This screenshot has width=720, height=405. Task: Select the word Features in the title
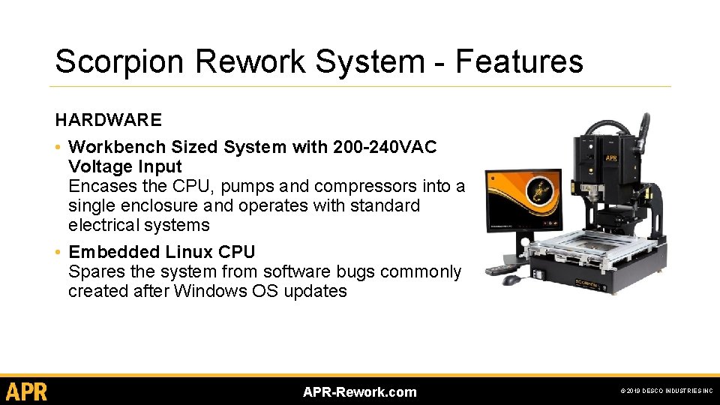(x=519, y=61)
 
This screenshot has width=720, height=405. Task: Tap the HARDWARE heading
(x=108, y=120)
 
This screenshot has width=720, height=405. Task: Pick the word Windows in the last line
(x=207, y=291)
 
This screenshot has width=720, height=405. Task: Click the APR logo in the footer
(x=26, y=391)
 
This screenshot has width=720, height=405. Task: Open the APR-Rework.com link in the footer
(x=359, y=391)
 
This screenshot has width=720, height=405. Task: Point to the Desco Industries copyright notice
(x=666, y=391)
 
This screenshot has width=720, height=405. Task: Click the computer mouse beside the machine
(x=511, y=280)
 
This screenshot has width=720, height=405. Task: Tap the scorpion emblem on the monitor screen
(x=538, y=196)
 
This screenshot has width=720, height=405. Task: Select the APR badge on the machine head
(x=612, y=159)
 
